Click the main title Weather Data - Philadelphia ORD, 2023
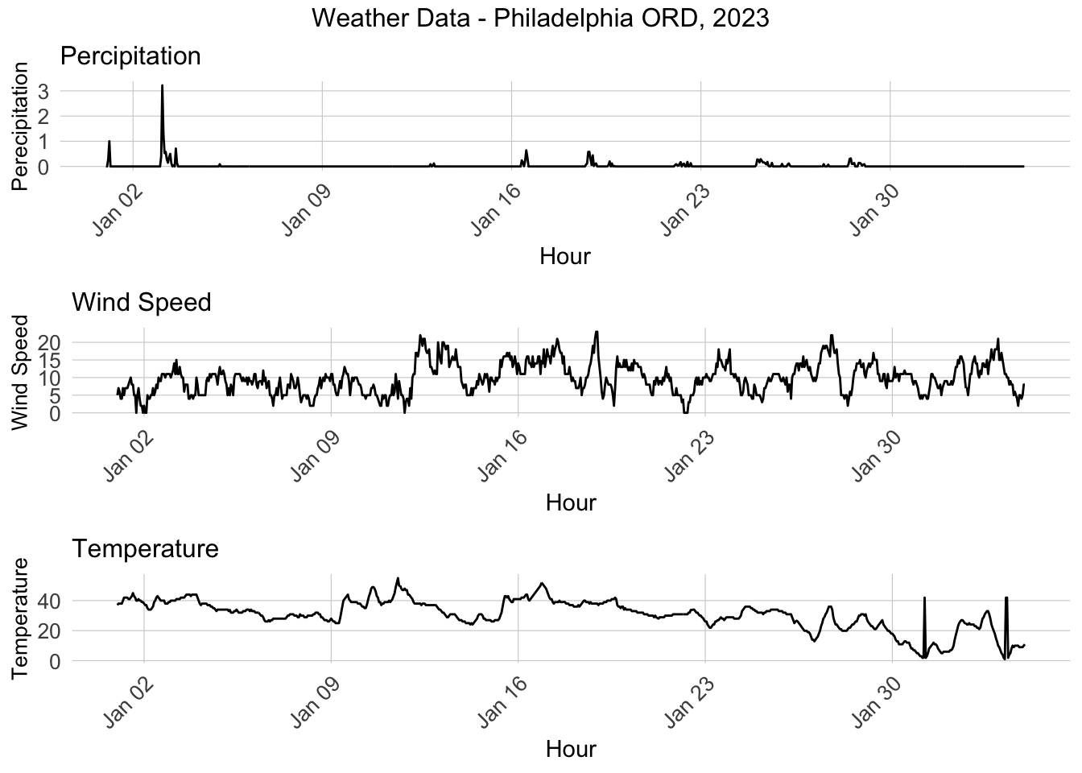coord(540,18)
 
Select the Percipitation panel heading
coord(130,56)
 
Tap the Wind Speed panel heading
coord(142,302)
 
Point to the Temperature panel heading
coord(146,548)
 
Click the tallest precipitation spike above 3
coord(163,86)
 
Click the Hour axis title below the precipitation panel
coord(564,256)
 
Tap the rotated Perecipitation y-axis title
coord(20,126)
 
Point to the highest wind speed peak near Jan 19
coord(596,332)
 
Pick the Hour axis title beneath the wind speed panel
coord(571,502)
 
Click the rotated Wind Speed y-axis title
coord(20,371)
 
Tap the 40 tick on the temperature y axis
coord(50,601)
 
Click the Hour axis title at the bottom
coord(571,749)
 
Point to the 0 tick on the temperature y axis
coord(56,660)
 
